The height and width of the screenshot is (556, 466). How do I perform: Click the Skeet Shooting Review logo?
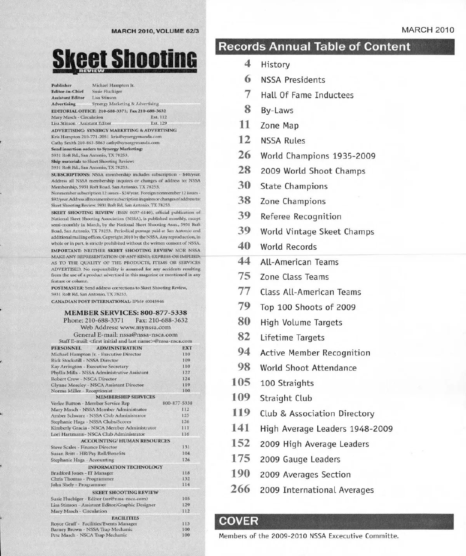[125, 61]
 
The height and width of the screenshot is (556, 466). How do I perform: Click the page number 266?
[240, 489]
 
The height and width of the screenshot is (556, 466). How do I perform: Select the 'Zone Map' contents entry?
[279, 126]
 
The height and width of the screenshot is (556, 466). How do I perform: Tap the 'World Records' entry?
[289, 247]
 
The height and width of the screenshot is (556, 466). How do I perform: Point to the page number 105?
[241, 382]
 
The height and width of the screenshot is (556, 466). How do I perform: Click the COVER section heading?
[238, 521]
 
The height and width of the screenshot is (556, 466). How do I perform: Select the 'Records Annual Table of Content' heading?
[315, 47]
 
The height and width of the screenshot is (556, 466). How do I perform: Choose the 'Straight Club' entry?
[286, 398]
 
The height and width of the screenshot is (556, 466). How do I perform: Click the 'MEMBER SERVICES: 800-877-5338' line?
[125, 313]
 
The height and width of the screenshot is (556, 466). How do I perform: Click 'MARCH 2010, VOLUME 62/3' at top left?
[155, 31]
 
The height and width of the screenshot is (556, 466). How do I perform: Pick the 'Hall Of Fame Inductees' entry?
[307, 96]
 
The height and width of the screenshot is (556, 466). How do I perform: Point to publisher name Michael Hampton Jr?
[113, 85]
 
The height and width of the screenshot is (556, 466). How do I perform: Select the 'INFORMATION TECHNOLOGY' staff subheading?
[125, 467]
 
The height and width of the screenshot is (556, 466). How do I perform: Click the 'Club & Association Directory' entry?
[317, 414]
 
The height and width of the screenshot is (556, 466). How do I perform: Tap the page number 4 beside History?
[247, 64]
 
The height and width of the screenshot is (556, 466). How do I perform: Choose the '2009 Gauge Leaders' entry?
[300, 459]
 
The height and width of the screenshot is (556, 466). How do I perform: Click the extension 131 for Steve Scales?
[186, 447]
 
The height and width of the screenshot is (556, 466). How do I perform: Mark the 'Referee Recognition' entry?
[301, 217]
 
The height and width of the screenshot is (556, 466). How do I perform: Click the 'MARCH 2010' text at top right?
[428, 30]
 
